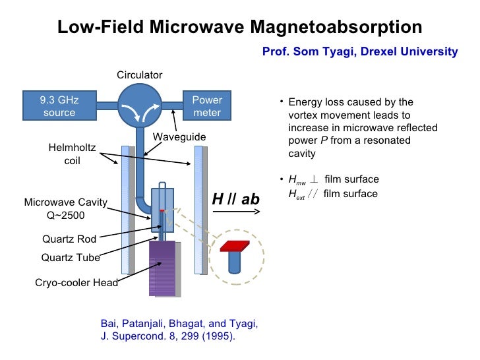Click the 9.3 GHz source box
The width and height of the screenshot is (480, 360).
(x=59, y=106)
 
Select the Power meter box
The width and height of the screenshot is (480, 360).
(x=206, y=106)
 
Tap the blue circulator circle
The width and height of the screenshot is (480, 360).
(x=139, y=105)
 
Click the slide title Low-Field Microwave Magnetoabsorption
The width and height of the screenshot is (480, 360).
(x=239, y=27)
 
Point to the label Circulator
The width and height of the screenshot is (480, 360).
(x=139, y=75)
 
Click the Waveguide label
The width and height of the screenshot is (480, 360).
(x=179, y=136)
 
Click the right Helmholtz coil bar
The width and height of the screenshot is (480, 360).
(x=198, y=210)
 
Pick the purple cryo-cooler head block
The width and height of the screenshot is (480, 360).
(x=163, y=268)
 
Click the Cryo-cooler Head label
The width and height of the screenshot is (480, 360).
(x=76, y=283)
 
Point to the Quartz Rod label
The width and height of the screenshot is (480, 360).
(x=69, y=239)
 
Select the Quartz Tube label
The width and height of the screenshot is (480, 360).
(x=71, y=258)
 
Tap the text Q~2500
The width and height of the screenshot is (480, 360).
(x=63, y=215)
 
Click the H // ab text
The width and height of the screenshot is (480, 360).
(x=235, y=199)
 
